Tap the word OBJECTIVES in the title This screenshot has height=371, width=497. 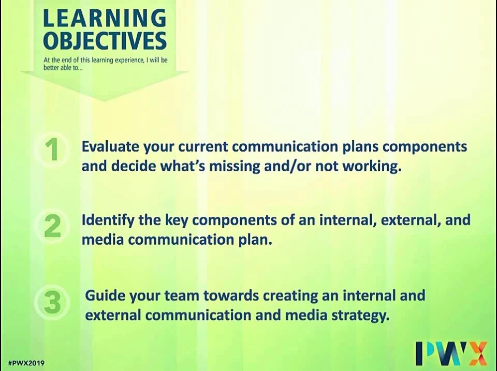click(105, 40)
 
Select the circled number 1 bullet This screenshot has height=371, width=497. click(52, 150)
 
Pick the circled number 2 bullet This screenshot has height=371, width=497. click(52, 226)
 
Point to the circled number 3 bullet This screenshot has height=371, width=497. click(52, 302)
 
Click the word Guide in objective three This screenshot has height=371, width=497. click(105, 296)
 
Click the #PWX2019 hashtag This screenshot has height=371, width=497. click(26, 363)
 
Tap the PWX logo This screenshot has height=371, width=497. click(451, 353)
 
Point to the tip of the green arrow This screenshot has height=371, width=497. click(104, 101)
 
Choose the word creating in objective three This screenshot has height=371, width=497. click(290, 296)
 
